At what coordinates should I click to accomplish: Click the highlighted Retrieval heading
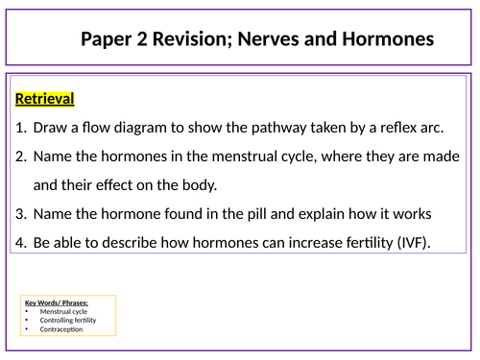coord(45,99)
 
